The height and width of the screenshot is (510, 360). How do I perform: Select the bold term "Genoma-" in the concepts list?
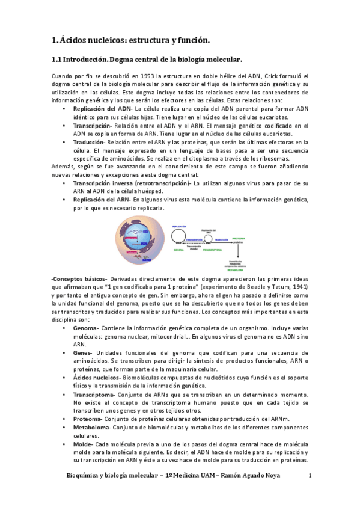(87, 329)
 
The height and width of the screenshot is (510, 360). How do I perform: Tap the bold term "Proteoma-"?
(88, 418)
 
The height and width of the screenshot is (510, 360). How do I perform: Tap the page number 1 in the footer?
(310, 476)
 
